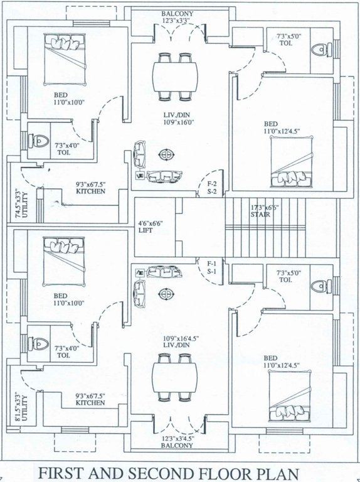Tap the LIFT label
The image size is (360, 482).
tap(146, 230)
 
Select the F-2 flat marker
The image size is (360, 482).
tap(212, 184)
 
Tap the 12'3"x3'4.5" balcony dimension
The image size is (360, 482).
tap(177, 437)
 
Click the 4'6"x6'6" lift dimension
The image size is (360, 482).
tap(150, 222)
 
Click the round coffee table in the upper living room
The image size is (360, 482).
tap(167, 154)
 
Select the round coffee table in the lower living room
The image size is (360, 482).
tap(167, 293)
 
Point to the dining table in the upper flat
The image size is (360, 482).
tap(176, 77)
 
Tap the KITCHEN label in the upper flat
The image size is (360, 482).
tap(91, 191)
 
